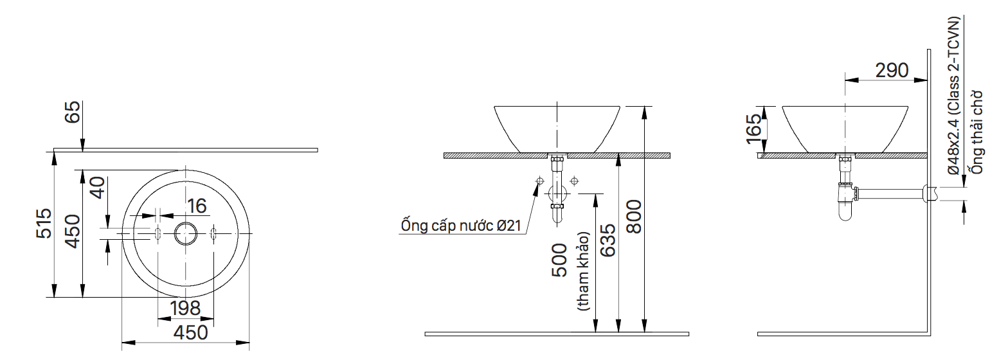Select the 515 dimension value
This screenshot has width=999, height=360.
(44, 223)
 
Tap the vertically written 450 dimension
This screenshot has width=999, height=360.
(72, 231)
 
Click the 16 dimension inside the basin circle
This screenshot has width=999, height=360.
(197, 206)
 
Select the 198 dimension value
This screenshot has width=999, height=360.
(186, 309)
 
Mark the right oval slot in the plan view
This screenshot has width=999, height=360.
(214, 233)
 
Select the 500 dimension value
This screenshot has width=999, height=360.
(560, 260)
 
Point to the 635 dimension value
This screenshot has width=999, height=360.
(607, 240)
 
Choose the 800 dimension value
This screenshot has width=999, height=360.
(633, 217)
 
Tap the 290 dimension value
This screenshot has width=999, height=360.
(892, 70)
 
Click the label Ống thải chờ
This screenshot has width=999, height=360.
(978, 132)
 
